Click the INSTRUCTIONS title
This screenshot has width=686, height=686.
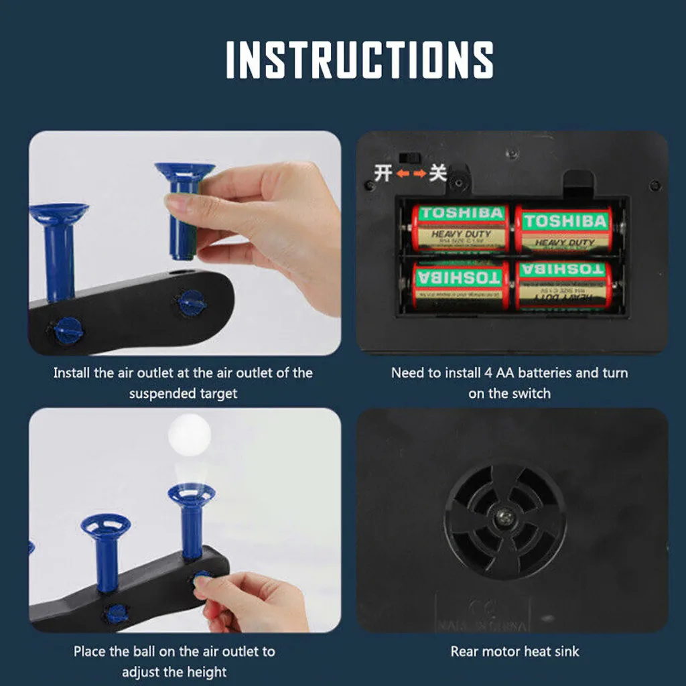click(360, 60)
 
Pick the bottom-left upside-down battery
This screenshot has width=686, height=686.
click(460, 284)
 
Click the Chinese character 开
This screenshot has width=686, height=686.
click(383, 174)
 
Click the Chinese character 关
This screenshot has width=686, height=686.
click(437, 174)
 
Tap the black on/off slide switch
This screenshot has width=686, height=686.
click(408, 157)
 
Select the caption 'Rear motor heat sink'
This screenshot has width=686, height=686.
click(514, 651)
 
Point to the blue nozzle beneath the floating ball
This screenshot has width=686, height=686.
click(192, 521)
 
